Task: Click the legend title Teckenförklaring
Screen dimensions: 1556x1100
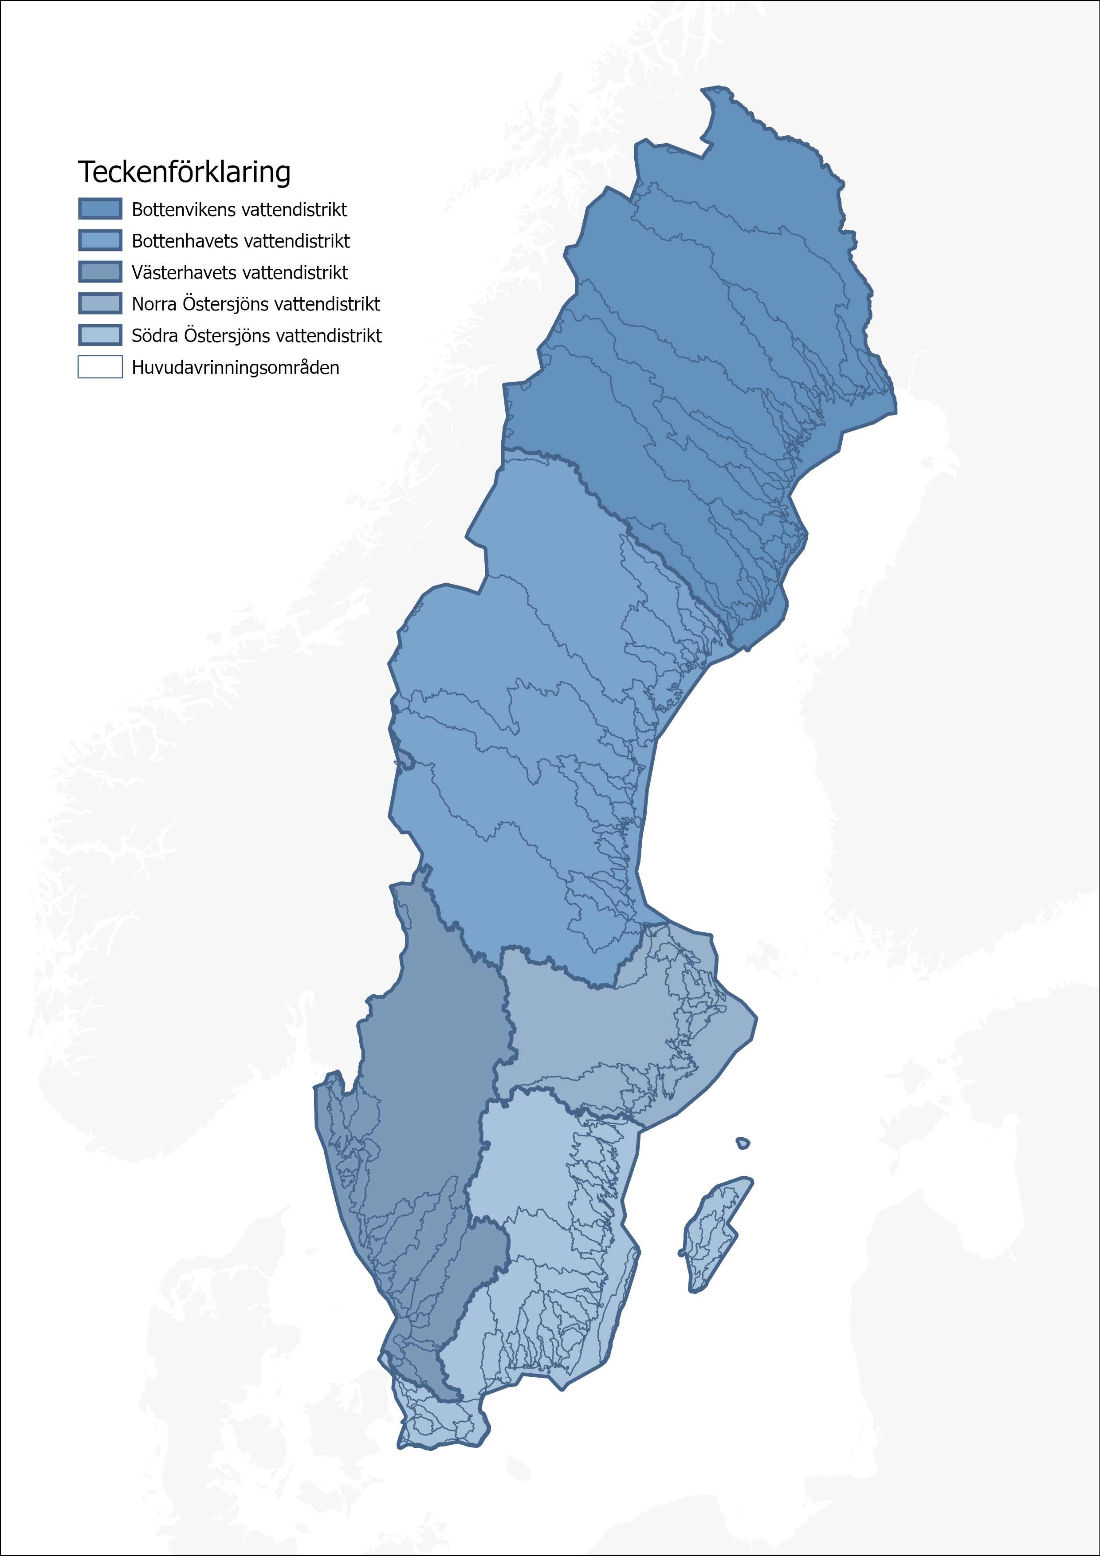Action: [185, 172]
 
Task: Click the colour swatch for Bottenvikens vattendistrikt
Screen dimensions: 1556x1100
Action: [100, 209]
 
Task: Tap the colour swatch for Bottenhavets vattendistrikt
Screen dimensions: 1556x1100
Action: [100, 240]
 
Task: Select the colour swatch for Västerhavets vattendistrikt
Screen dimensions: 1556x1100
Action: [100, 272]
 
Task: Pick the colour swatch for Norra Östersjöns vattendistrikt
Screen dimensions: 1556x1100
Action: [100, 303]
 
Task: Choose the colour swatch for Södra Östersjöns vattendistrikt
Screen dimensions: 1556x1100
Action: [100, 335]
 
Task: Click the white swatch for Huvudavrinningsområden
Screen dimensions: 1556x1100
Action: [100, 367]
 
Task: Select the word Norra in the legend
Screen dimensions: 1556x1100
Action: [154, 304]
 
